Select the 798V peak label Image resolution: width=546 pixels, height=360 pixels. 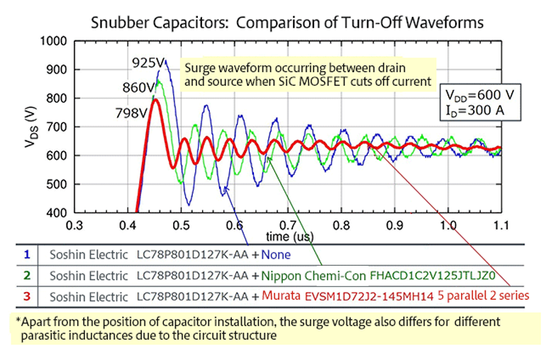tap(131, 113)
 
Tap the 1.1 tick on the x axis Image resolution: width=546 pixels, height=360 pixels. tap(501, 225)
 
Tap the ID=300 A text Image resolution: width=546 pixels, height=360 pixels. tap(472, 111)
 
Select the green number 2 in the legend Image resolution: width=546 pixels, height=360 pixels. tap(26, 274)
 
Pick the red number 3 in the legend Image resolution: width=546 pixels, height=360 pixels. tap(26, 293)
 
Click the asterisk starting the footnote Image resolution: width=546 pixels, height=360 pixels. tap(18, 320)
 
